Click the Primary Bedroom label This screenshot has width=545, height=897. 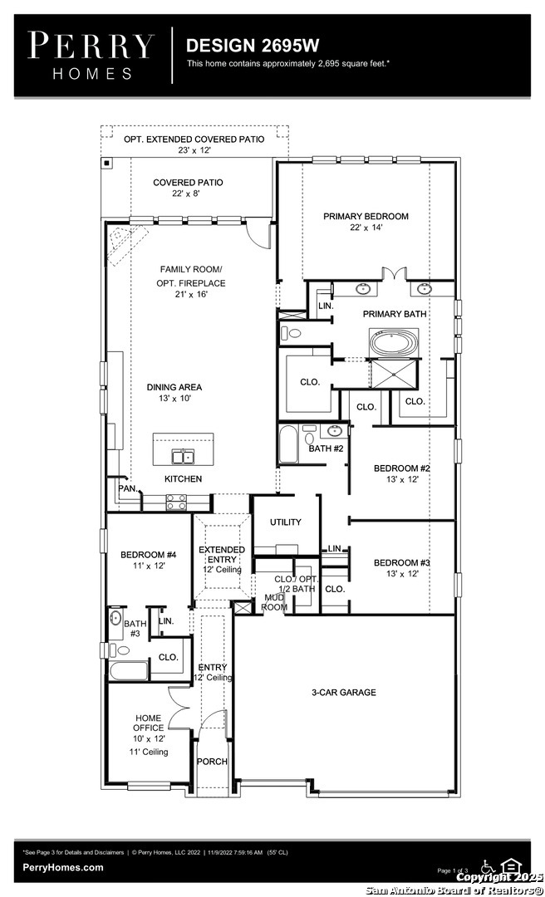366,216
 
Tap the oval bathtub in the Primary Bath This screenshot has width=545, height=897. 394,343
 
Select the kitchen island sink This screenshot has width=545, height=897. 184,457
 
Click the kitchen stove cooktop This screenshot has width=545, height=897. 176,502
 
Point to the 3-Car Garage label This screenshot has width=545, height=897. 343,692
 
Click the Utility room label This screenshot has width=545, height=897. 286,522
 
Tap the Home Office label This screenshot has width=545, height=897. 149,723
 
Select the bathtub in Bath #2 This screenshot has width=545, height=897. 288,444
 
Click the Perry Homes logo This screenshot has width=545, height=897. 91,56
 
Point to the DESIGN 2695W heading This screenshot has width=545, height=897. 252,46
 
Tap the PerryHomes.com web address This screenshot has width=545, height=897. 63,867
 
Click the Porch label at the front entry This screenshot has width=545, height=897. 212,762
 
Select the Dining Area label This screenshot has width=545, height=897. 174,387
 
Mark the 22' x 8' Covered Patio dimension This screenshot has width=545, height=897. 188,194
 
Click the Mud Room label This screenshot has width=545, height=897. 274,602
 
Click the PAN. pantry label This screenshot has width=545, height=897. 128,488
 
